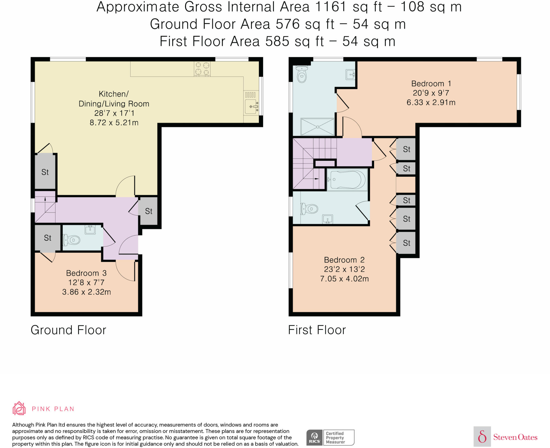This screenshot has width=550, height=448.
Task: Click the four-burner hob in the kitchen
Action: (x=202, y=69)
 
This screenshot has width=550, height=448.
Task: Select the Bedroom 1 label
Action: (x=431, y=84)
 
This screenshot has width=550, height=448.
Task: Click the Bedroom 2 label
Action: (x=344, y=260)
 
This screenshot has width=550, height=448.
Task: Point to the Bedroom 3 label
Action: (x=86, y=273)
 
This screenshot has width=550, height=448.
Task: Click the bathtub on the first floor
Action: (x=347, y=180)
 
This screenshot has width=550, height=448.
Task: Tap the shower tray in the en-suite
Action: (x=317, y=127)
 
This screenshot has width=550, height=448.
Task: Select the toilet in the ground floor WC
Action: (x=72, y=240)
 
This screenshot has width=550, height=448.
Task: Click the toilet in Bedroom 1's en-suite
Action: (x=302, y=74)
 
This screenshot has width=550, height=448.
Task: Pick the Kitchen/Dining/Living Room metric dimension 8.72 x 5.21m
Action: (x=114, y=123)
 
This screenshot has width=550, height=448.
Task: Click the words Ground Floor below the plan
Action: (x=68, y=330)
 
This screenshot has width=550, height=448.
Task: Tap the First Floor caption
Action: (x=317, y=330)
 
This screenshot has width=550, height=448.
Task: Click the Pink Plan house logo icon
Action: (x=19, y=408)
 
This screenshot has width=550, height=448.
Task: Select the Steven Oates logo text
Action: (x=515, y=437)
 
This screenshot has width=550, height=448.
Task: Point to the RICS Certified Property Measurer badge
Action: (x=330, y=438)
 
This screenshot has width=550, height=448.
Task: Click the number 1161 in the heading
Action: (x=331, y=7)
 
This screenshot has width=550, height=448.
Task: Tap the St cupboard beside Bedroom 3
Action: (x=48, y=238)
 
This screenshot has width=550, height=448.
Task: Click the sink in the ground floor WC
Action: (x=90, y=230)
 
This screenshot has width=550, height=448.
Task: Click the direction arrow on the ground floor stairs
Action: (x=45, y=199)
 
